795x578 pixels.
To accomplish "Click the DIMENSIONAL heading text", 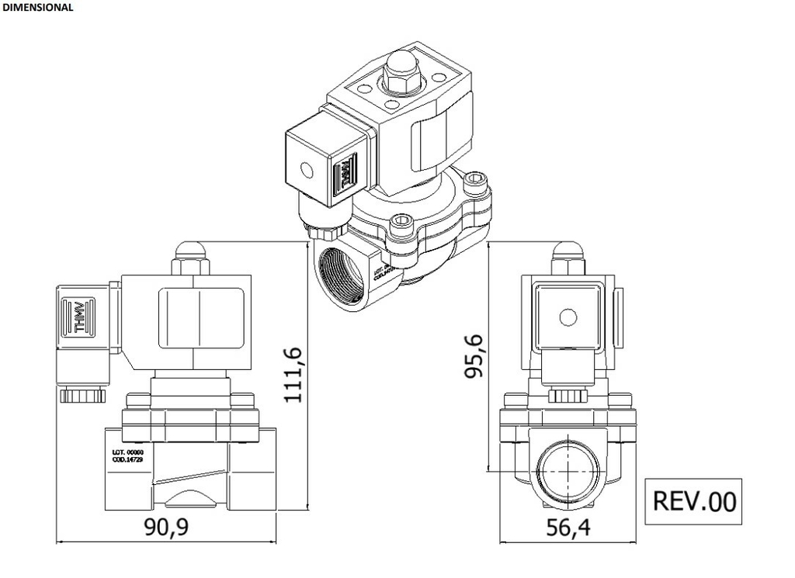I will (x=38, y=7).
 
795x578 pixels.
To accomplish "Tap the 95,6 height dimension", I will (x=474, y=356).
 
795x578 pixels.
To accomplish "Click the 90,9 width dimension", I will (x=166, y=528).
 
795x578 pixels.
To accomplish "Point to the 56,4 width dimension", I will (x=568, y=528).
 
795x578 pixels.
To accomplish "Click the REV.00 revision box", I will (x=694, y=500).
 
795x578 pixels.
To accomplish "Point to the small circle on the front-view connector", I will (x=568, y=317).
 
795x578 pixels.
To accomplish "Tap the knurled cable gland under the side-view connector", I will (x=82, y=395).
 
